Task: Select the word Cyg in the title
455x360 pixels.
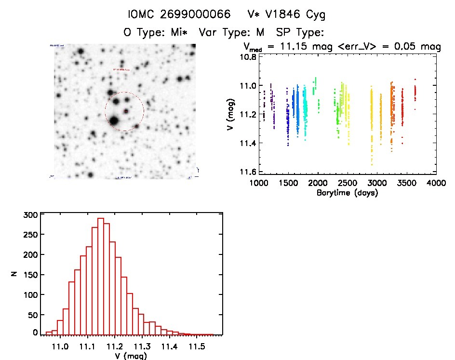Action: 315,14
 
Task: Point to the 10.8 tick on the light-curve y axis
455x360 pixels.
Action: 249,57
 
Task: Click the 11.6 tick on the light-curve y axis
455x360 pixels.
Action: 249,172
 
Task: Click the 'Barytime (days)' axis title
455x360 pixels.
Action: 347,193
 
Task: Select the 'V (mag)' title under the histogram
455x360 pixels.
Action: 128,356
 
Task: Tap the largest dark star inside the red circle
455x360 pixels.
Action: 114,120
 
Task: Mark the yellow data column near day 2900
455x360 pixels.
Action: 372,125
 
